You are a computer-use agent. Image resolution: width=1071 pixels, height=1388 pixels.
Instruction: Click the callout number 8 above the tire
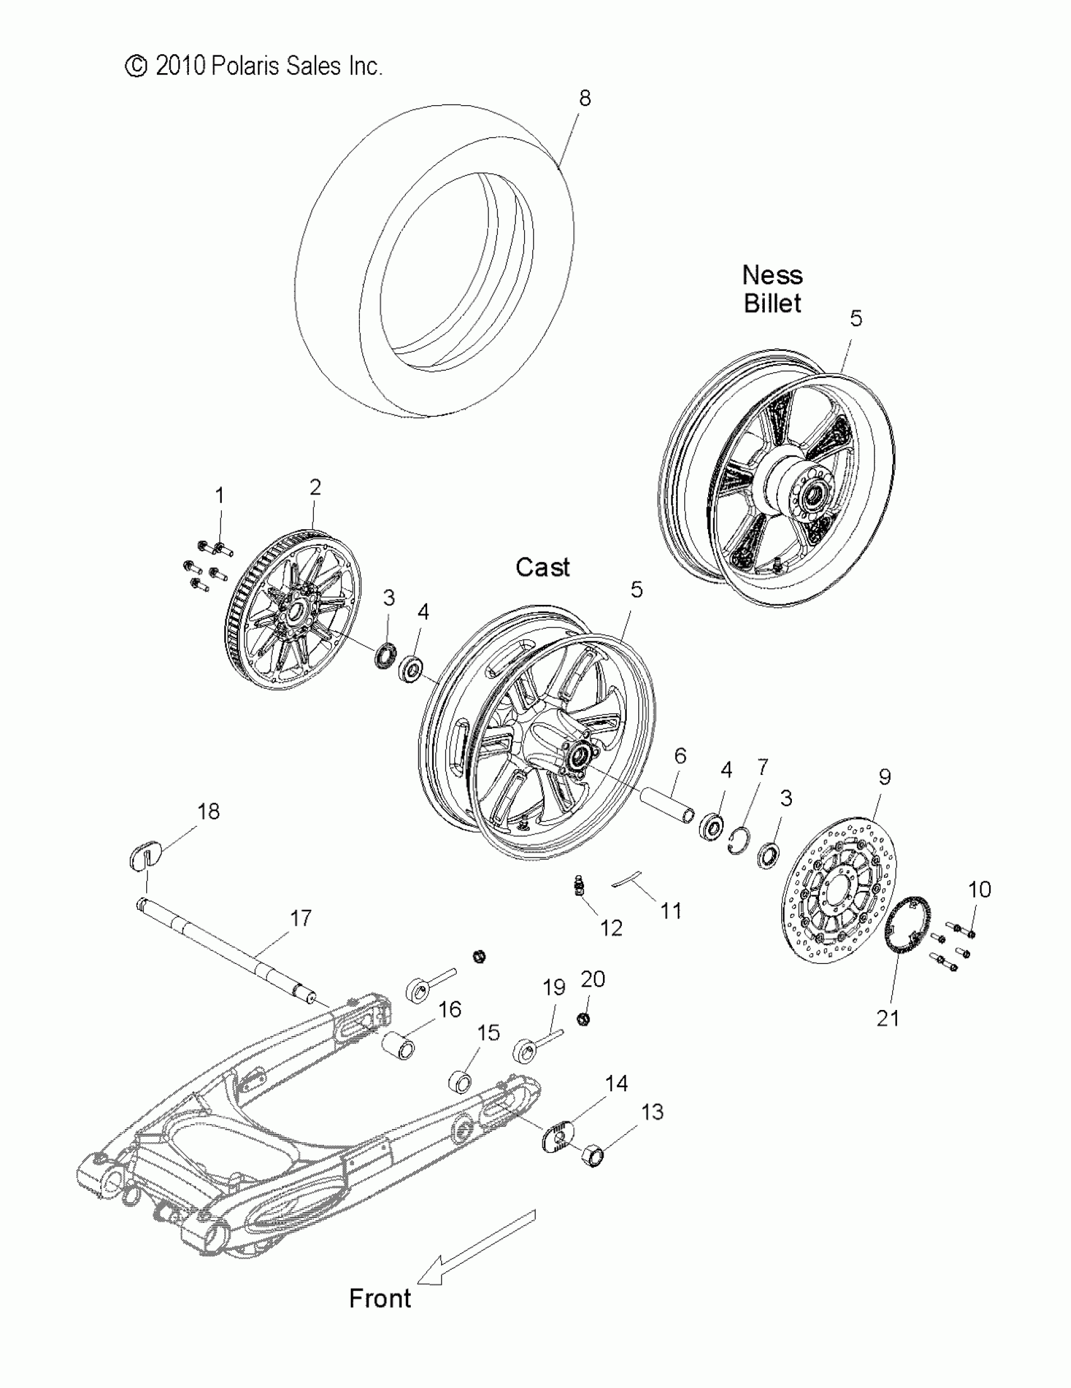click(584, 98)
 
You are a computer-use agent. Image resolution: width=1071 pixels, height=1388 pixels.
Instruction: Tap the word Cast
click(542, 568)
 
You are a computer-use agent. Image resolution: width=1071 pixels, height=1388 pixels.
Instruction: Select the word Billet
click(772, 304)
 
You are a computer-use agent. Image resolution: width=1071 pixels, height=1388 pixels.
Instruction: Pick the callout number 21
click(888, 1018)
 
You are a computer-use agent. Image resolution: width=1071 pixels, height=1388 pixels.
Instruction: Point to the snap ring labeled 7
click(740, 840)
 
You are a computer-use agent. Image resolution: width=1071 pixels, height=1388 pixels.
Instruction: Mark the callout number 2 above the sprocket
click(314, 488)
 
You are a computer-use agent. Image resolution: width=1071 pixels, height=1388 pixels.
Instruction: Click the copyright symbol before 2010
click(135, 66)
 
